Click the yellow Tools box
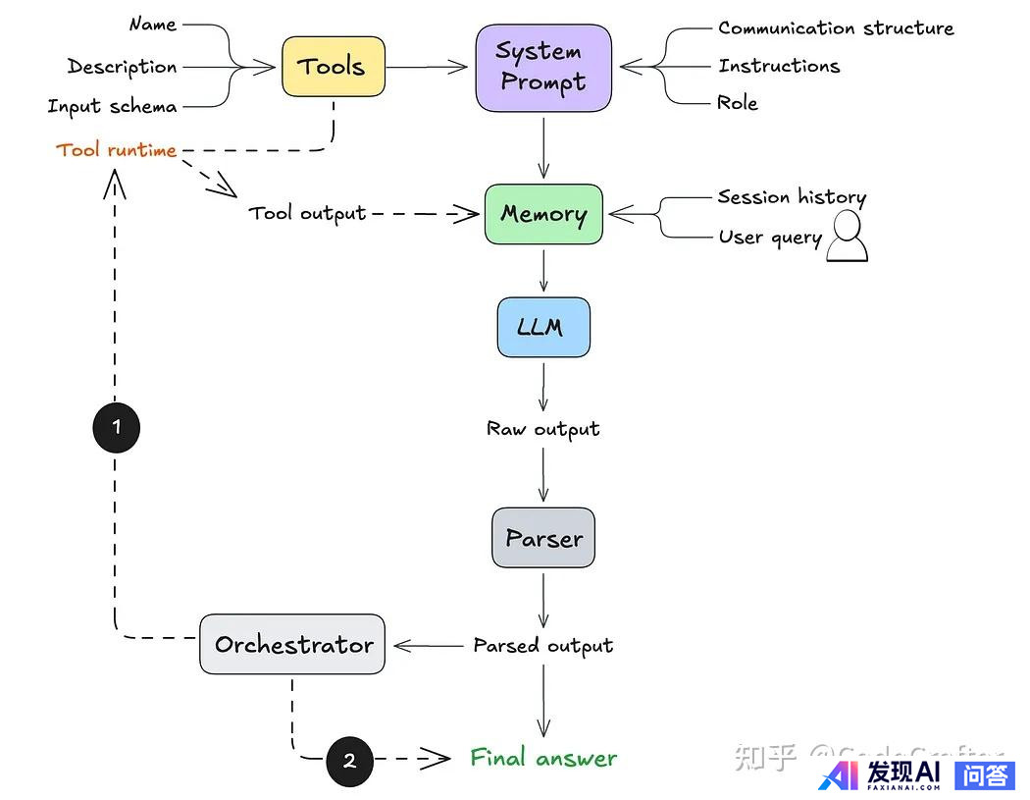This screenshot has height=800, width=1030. [334, 67]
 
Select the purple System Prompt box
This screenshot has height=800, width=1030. [543, 67]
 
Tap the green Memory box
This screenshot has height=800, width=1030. [543, 214]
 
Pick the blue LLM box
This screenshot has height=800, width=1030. [543, 327]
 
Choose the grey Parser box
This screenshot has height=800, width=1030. [543, 538]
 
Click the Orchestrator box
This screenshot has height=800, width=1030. [292, 645]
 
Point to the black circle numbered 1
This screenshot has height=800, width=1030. [116, 427]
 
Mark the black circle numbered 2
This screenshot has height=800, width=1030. [349, 760]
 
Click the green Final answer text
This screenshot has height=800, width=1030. [543, 758]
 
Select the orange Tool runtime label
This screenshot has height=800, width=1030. [117, 150]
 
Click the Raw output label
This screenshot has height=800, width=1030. [543, 429]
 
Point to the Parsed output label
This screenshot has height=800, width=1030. [543, 645]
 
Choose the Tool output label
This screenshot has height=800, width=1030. [307, 213]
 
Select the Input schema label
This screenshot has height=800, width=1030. [112, 106]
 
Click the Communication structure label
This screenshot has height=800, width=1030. [836, 28]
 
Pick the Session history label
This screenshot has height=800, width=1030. [792, 197]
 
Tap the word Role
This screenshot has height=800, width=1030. [738, 103]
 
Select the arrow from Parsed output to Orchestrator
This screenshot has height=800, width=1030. [428, 645]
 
